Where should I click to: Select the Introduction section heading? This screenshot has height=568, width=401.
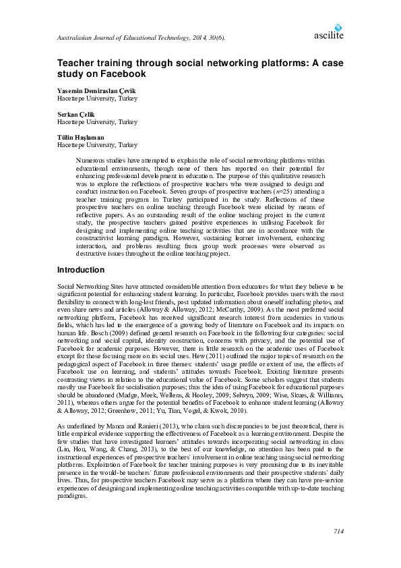point(81,270)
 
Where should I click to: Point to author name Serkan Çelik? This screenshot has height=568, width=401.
point(76,115)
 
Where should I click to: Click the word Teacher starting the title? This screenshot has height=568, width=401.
point(79,61)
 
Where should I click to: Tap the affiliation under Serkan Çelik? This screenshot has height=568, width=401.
point(97,122)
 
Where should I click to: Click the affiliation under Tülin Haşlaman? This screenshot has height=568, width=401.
point(97,145)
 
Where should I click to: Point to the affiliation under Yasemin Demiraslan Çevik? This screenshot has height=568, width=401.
point(97,98)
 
